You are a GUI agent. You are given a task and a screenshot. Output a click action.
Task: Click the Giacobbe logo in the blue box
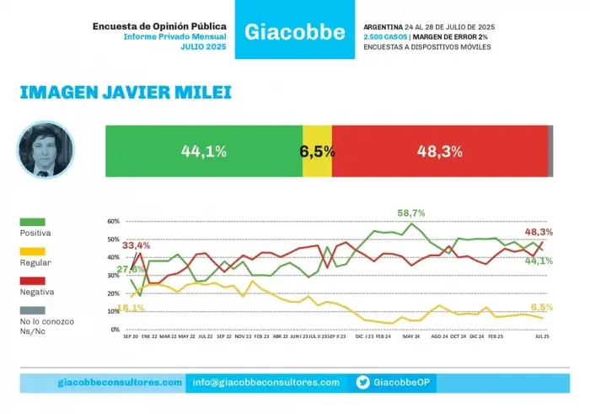[295, 32]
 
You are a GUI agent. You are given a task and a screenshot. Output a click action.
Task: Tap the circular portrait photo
[46, 150]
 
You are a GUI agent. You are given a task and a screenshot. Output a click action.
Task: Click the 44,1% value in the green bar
[203, 152]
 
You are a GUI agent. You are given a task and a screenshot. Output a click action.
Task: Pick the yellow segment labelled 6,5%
[317, 152]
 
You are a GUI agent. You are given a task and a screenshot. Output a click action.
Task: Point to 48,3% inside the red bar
[439, 152]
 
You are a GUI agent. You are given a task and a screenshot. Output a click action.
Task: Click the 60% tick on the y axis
[114, 222]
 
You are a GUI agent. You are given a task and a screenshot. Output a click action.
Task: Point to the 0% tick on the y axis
[115, 330]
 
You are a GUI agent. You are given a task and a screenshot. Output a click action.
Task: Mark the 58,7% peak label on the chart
[411, 213]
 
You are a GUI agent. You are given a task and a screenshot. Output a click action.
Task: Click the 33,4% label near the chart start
[136, 245]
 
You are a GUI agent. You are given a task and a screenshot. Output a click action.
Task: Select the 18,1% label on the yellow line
[131, 308]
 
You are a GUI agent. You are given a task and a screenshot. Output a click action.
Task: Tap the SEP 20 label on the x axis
[131, 336]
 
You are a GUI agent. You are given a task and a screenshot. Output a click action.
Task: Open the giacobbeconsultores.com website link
[121, 383]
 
